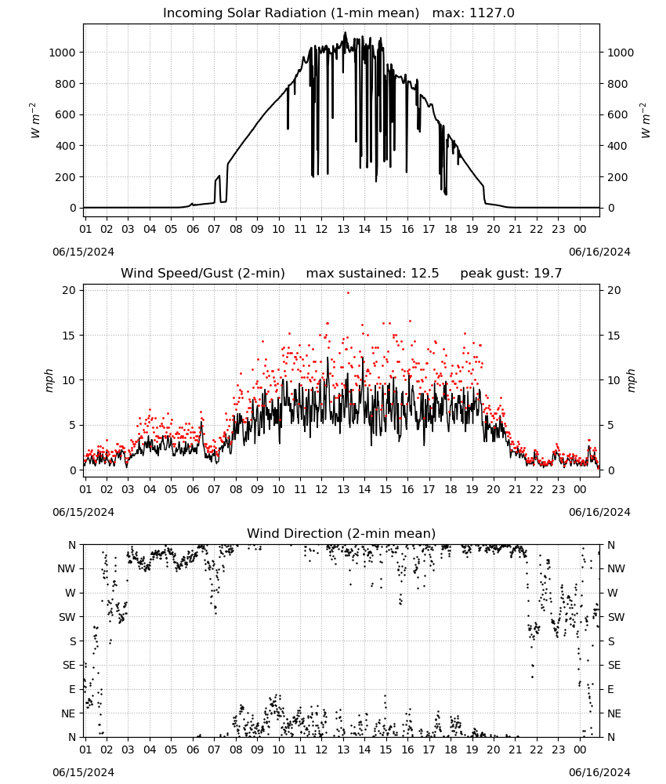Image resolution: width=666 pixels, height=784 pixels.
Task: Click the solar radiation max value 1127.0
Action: tap(491, 13)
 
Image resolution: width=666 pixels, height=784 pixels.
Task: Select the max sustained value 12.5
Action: tap(425, 274)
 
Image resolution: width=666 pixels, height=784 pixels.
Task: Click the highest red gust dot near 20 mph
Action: tap(348, 293)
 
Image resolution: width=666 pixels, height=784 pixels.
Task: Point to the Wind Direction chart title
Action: tap(342, 533)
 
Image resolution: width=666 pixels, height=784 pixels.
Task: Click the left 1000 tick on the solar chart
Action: tap(62, 53)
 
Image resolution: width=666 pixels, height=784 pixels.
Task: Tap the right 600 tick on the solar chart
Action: tap(617, 114)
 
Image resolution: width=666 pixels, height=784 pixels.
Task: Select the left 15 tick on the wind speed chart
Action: tap(68, 336)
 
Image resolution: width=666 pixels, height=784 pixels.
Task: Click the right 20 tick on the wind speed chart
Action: tap(614, 291)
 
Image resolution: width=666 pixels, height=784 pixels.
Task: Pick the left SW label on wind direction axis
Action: tap(67, 617)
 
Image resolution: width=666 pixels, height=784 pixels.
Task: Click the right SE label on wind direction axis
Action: tap(614, 665)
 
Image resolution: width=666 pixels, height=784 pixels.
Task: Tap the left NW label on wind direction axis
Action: tap(67, 568)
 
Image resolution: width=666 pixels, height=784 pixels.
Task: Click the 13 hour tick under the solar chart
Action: tap(343, 229)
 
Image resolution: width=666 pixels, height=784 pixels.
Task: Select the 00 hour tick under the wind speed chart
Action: tap(580, 489)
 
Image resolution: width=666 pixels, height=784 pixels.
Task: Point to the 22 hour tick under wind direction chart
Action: tap(537, 750)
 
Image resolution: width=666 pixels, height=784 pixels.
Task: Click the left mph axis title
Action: tap(49, 380)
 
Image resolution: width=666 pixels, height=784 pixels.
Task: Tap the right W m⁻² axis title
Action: tap(645, 120)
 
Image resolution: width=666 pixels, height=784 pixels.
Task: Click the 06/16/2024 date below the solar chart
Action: tap(599, 252)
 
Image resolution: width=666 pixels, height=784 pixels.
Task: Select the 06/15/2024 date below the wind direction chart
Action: tap(83, 772)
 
